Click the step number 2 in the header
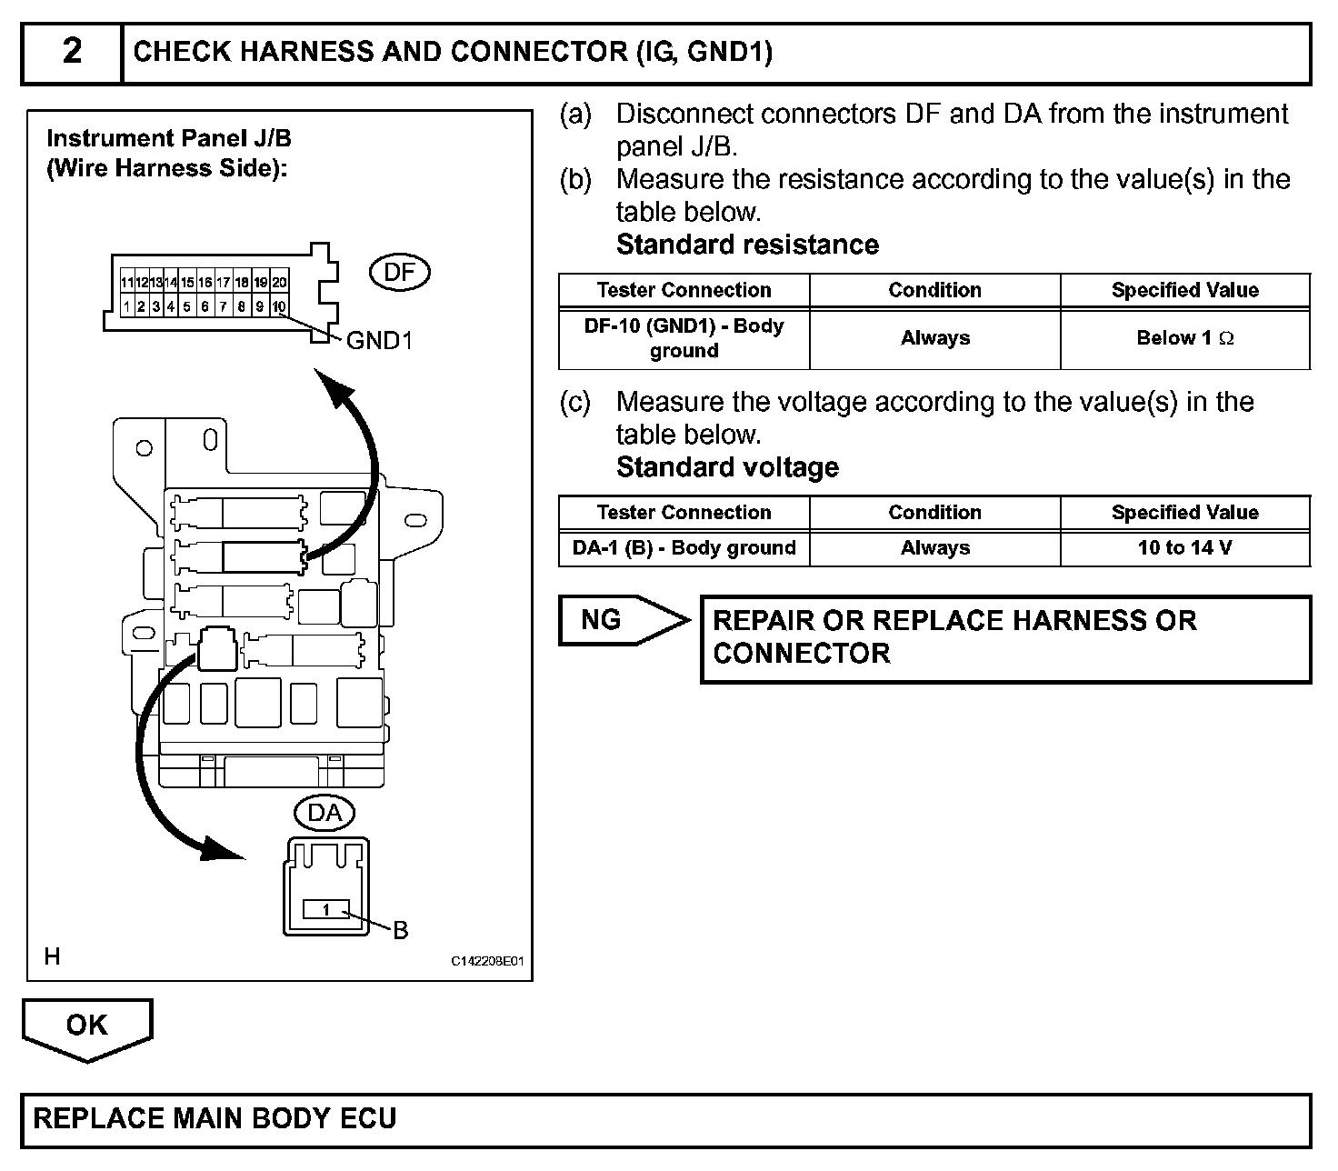[72, 52]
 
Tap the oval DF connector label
[400, 272]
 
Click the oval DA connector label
[325, 812]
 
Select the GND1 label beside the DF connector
[380, 341]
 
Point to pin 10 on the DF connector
[279, 306]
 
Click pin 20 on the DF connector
[279, 283]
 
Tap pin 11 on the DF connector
[127, 283]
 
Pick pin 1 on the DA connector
[325, 909]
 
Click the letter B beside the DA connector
[400, 930]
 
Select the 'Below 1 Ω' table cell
[1184, 338]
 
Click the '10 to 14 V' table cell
[1184, 548]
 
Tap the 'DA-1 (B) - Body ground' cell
[684, 548]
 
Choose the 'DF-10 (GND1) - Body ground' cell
[684, 338]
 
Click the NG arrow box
[622, 620]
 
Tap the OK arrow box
[87, 1026]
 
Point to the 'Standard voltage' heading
[727, 467]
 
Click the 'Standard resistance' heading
[747, 245]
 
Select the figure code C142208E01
[487, 961]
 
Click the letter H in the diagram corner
[53, 956]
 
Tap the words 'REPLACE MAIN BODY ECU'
[215, 1117]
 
